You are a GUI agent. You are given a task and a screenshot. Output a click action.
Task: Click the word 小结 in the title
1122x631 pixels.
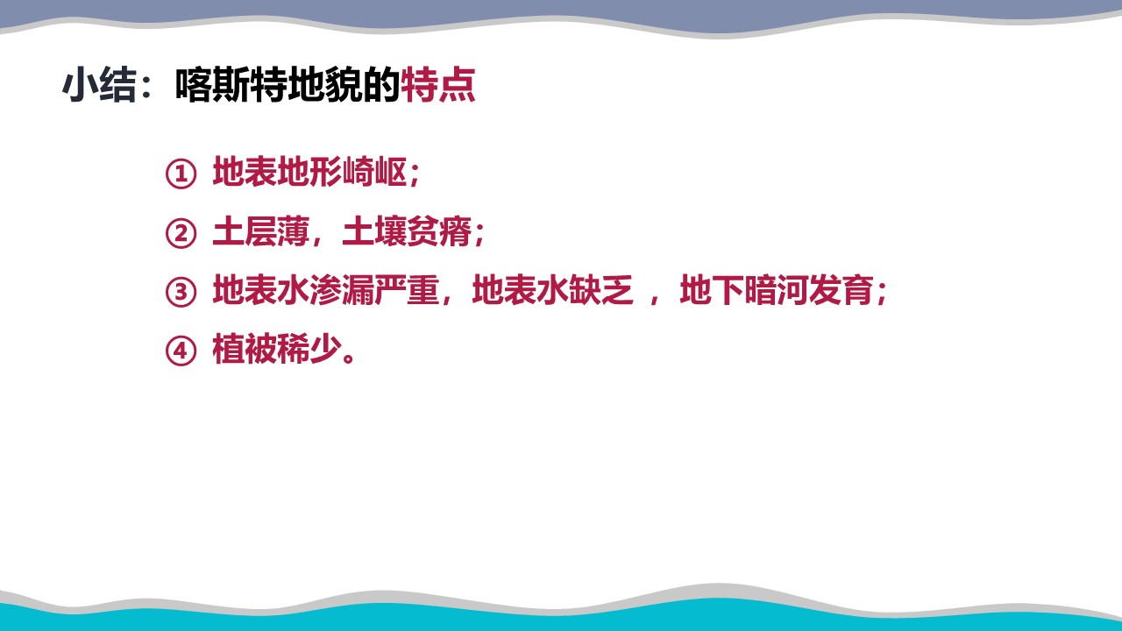pyautogui.click(x=99, y=85)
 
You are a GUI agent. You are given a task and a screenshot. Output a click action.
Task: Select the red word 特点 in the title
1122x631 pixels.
pyautogui.click(x=438, y=85)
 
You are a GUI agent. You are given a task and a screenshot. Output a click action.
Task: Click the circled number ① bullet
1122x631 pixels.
pyautogui.click(x=181, y=174)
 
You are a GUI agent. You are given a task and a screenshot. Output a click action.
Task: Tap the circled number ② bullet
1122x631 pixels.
pyautogui.click(x=181, y=233)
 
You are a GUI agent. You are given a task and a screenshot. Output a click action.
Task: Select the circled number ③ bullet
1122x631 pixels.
pyautogui.click(x=181, y=292)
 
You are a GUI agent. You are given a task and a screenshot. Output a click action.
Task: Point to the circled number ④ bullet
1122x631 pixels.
pyautogui.click(x=181, y=351)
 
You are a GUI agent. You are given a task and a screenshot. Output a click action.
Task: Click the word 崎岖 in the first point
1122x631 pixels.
pyautogui.click(x=374, y=172)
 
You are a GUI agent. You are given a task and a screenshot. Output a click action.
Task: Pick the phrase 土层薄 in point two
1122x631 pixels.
pyautogui.click(x=260, y=231)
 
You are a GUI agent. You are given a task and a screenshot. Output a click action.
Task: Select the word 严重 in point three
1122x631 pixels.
pyautogui.click(x=407, y=290)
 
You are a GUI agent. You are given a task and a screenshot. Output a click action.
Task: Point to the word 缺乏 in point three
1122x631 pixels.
pyautogui.click(x=601, y=290)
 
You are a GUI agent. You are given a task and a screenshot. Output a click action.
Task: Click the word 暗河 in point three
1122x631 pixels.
pyautogui.click(x=777, y=290)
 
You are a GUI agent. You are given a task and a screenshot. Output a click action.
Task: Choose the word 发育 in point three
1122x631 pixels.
pyautogui.click(x=841, y=290)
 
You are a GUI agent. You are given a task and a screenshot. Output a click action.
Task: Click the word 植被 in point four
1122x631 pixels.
pyautogui.click(x=245, y=349)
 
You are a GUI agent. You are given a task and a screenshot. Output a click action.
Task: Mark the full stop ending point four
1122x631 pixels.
pyautogui.click(x=349, y=358)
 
